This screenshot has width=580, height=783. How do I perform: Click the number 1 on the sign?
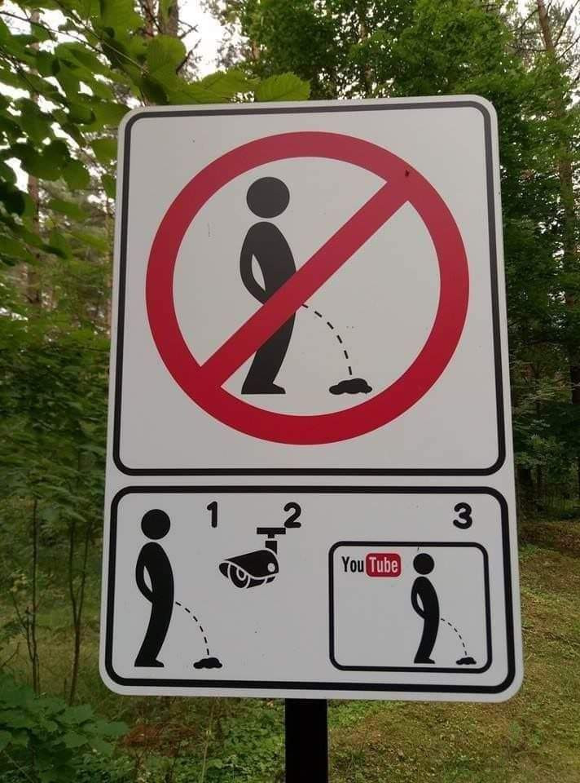click(x=213, y=515)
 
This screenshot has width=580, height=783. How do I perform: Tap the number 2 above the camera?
click(x=292, y=515)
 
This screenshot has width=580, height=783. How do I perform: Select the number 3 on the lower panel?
click(x=463, y=515)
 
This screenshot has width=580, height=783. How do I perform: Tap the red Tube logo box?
click(x=384, y=564)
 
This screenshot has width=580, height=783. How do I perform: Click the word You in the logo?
click(x=353, y=564)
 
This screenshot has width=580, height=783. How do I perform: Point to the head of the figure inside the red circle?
click(x=268, y=197)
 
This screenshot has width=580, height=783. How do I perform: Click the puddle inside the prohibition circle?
click(x=350, y=387)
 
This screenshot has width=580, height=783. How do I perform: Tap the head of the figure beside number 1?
click(x=156, y=524)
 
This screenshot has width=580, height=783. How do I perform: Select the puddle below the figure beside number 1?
click(x=208, y=663)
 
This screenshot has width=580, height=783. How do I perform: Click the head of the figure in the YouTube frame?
click(x=424, y=564)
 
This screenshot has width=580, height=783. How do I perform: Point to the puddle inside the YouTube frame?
click(x=466, y=661)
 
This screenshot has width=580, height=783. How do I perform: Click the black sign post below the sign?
click(x=306, y=741)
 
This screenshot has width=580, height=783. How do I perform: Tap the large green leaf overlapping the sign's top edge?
click(x=283, y=87)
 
